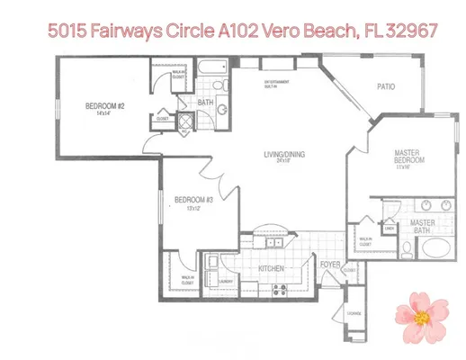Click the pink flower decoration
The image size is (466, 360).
pyautogui.click(x=418, y=310)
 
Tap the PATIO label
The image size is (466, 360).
pyautogui.click(x=386, y=87)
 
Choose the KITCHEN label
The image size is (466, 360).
pyautogui.click(x=272, y=268)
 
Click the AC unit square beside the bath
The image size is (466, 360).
pyautogui.click(x=184, y=121)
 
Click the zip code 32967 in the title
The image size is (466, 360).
pyautogui.click(x=412, y=31)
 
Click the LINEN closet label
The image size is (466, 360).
pyautogui.click(x=390, y=227)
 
